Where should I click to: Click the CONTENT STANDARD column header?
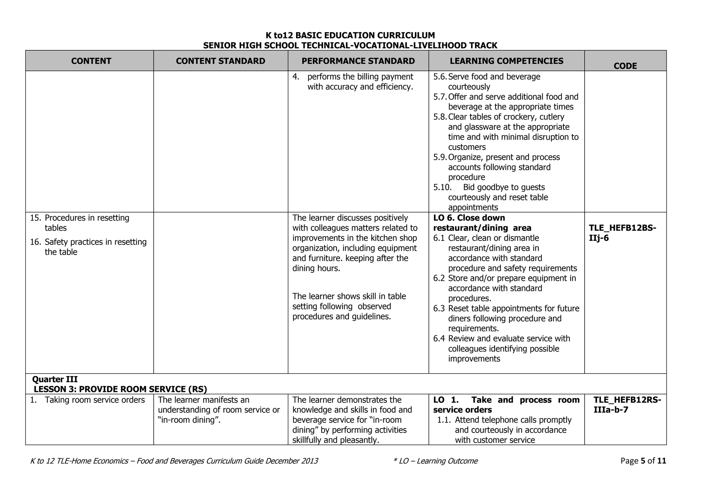(220, 61)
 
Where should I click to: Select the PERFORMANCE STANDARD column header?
(358, 61)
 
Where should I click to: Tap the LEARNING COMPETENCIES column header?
(506, 61)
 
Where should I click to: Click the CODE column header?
(625, 66)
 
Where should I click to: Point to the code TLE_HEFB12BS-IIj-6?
(622, 233)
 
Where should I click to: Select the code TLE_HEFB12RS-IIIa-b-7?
(627, 405)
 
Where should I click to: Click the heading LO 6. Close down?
(469, 218)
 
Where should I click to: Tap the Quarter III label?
(55, 379)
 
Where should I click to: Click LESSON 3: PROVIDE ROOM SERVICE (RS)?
(120, 389)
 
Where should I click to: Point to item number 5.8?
(440, 117)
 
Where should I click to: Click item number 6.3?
(439, 309)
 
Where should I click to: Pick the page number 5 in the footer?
(642, 461)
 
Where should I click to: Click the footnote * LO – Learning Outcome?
(435, 461)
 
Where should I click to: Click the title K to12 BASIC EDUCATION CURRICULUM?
(350, 35)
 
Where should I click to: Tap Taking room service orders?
(94, 400)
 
